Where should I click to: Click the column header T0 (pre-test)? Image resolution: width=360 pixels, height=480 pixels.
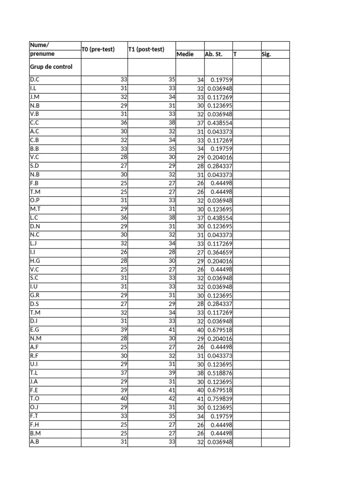click(98, 50)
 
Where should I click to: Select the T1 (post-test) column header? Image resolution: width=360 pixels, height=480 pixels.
click(146, 50)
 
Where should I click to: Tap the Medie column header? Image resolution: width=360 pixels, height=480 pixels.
click(185, 54)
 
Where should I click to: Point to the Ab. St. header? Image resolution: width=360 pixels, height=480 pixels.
click(213, 54)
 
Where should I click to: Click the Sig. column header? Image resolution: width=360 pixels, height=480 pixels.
click(266, 54)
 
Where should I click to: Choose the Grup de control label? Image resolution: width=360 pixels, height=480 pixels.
click(51, 67)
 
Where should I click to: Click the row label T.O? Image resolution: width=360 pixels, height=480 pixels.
click(34, 398)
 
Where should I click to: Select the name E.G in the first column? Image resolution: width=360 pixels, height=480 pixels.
click(34, 330)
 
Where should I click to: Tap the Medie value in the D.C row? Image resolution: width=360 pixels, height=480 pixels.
click(200, 80)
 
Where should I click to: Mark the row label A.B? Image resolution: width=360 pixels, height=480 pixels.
click(34, 442)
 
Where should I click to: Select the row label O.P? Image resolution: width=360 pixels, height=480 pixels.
click(34, 200)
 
